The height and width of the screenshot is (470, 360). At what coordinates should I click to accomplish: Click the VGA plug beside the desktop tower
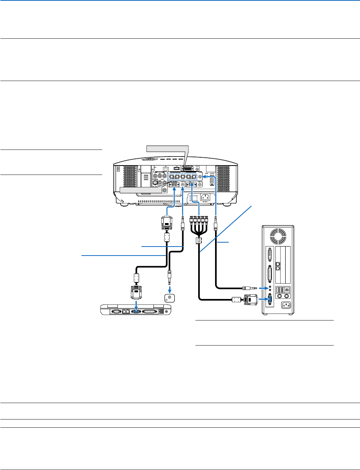pos(250,300)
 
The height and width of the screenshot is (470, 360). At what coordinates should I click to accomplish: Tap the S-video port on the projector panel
pos(154,181)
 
